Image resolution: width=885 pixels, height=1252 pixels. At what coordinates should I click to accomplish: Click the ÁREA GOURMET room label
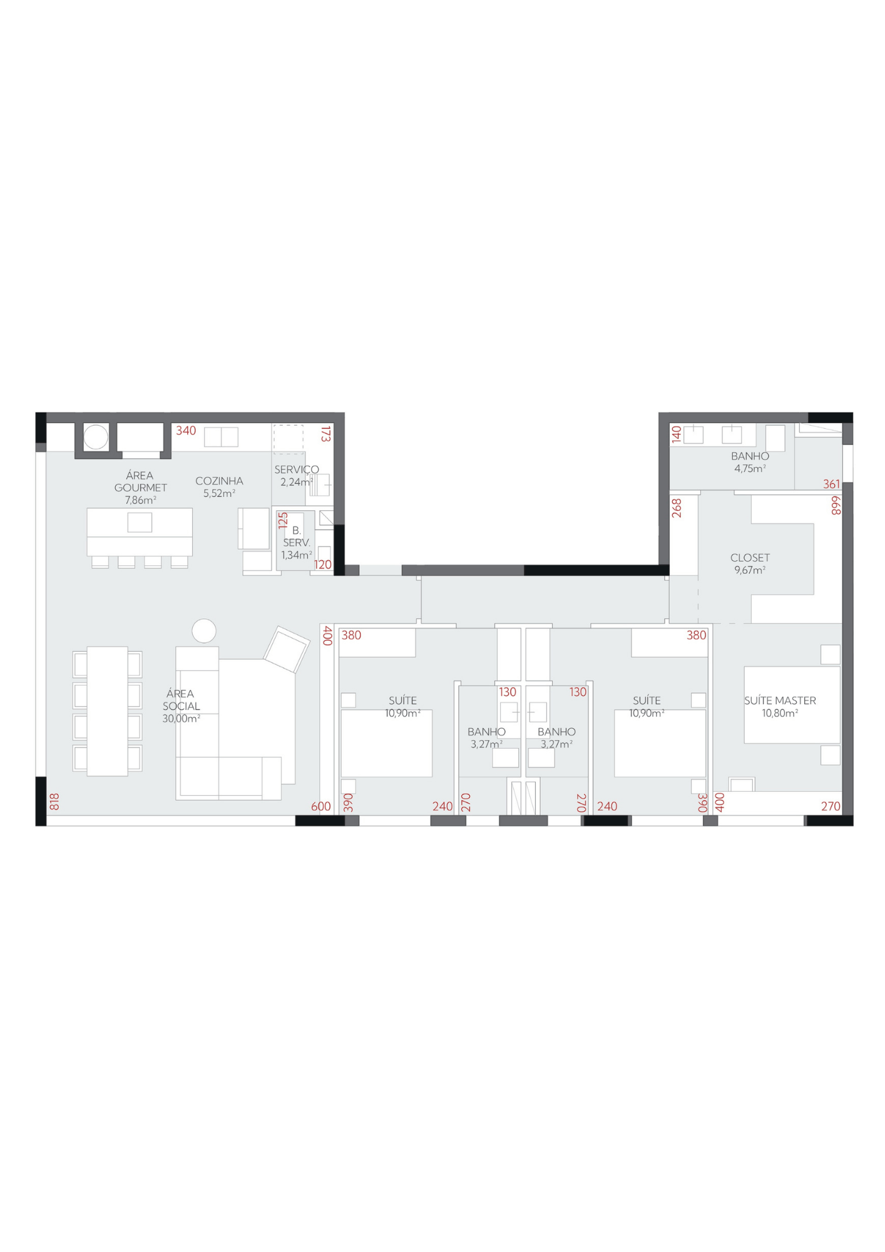140,481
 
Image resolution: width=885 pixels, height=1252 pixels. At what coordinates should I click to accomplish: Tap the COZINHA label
219,481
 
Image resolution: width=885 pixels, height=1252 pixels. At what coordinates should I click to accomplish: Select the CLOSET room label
750,558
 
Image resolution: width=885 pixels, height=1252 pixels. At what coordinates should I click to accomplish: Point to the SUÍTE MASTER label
780,700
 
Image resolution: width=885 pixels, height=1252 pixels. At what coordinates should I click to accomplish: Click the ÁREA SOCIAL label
181,700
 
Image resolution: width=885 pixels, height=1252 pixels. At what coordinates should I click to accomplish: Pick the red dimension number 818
54,802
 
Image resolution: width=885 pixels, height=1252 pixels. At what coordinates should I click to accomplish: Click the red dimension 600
321,806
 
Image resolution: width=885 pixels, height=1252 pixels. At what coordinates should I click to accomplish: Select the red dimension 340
186,431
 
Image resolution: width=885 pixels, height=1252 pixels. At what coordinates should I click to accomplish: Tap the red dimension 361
832,484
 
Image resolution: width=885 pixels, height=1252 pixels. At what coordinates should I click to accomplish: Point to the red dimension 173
325,434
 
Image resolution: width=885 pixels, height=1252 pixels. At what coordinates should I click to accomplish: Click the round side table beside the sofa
204,631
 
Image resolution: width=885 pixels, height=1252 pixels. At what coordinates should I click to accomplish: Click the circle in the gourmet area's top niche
96,437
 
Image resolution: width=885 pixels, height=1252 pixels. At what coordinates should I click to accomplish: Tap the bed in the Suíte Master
792,705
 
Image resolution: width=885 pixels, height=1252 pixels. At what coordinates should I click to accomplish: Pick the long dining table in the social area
108,711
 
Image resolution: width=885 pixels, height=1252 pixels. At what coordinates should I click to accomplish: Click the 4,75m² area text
750,469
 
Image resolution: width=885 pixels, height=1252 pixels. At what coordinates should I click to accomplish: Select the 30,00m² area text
181,719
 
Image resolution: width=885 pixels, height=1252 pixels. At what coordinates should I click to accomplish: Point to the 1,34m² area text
296,555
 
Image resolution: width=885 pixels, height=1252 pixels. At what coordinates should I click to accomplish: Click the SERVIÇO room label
297,469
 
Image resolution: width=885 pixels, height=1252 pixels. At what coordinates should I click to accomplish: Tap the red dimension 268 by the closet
677,508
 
